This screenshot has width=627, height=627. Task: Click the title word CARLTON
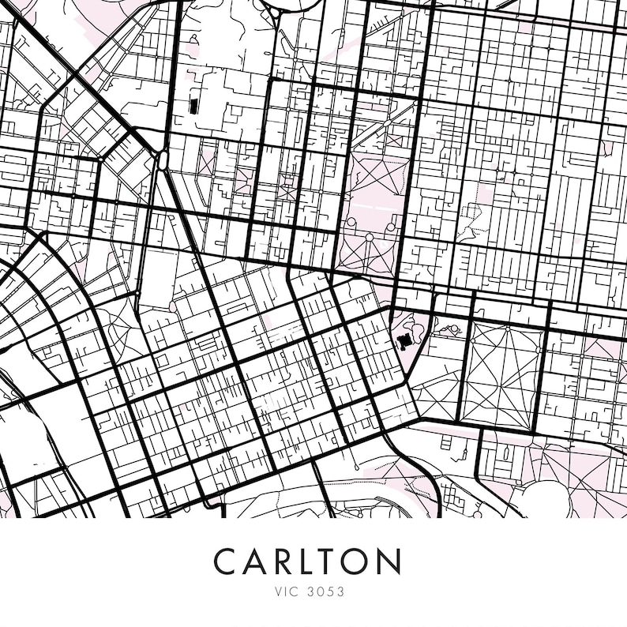tap(307, 561)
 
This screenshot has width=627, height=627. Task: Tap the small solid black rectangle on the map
tap(193, 106)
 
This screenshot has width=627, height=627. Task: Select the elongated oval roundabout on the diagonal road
tap(163, 160)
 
